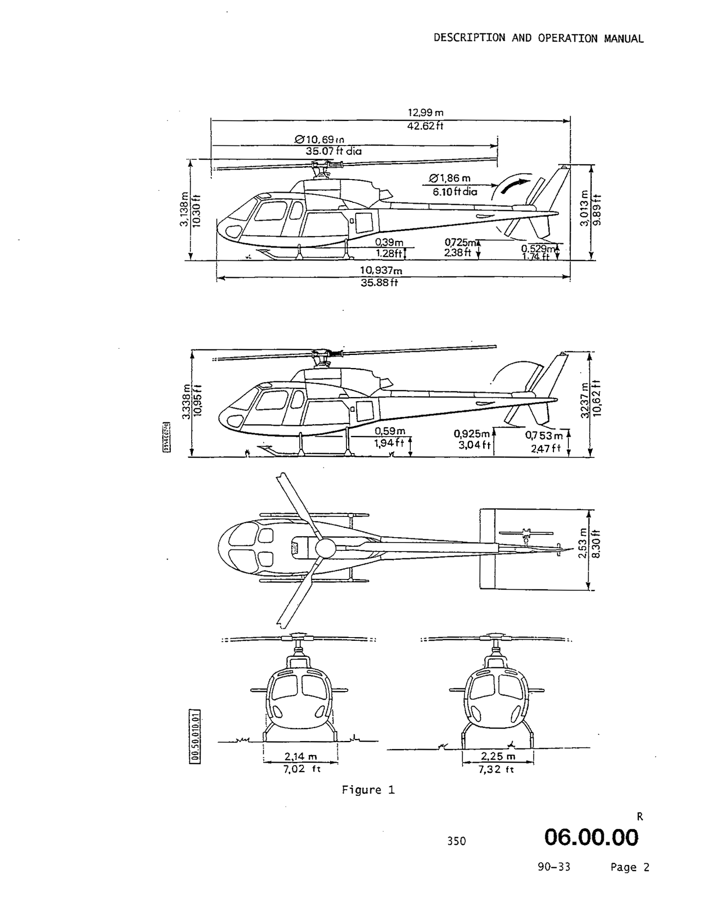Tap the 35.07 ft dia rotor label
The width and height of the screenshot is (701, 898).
coord(333,151)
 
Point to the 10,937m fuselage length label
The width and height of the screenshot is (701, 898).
coord(381,271)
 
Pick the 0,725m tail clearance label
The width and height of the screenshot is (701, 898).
coord(460,243)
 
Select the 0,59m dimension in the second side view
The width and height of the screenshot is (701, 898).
coord(390,431)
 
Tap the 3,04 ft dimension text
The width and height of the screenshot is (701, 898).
coord(475,445)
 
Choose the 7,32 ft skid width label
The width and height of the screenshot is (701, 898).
coord(496,769)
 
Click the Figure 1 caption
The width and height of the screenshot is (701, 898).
coord(368,790)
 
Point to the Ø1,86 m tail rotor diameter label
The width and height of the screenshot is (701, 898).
coord(450,178)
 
